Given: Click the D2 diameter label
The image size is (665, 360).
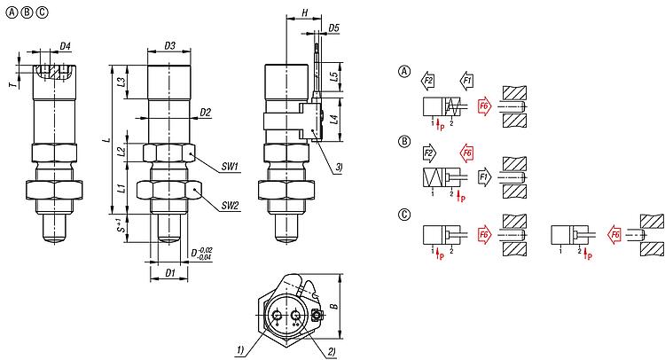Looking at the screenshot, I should [205, 113].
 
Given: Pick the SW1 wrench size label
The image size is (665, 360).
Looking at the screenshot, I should [231, 166].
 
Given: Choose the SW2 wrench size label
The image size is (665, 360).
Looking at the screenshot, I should [231, 206].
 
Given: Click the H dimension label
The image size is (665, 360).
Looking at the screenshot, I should [303, 13].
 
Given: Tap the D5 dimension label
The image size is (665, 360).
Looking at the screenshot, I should [333, 28].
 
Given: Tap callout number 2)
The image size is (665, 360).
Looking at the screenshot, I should [331, 351].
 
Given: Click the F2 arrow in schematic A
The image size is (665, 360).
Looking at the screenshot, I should [428, 81].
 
